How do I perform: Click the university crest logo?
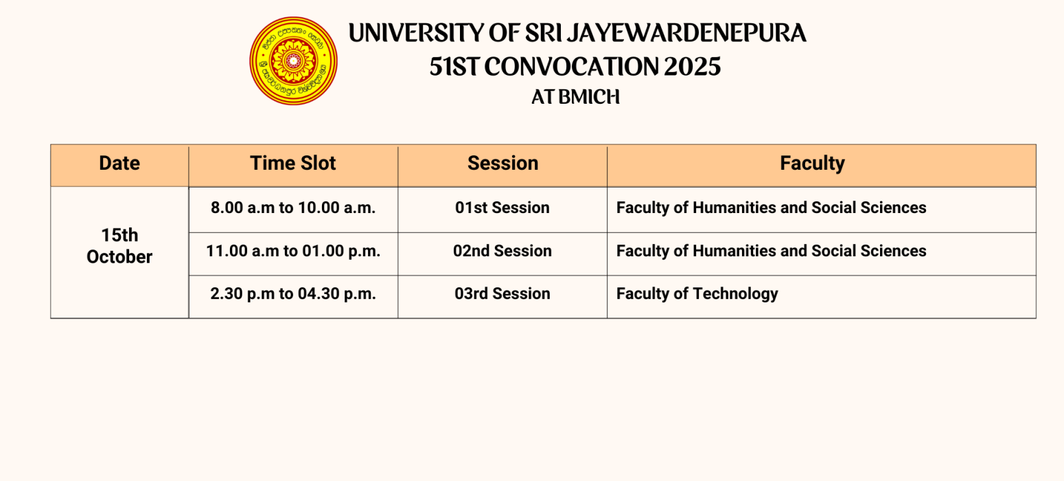(x=294, y=61)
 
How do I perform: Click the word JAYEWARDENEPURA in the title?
(x=687, y=33)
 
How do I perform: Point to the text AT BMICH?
(x=575, y=97)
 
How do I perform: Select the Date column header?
(x=119, y=163)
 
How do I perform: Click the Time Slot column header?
(x=293, y=163)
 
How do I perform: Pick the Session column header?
(x=502, y=163)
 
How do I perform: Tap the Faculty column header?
(x=812, y=163)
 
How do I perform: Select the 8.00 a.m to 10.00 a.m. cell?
(x=293, y=208)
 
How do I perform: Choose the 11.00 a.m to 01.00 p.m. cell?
(x=293, y=251)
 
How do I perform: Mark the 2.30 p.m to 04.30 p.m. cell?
(x=293, y=293)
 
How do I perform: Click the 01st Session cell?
(x=502, y=208)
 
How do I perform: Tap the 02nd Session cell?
(x=502, y=251)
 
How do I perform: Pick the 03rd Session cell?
(x=502, y=293)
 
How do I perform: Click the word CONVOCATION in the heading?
(x=571, y=67)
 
